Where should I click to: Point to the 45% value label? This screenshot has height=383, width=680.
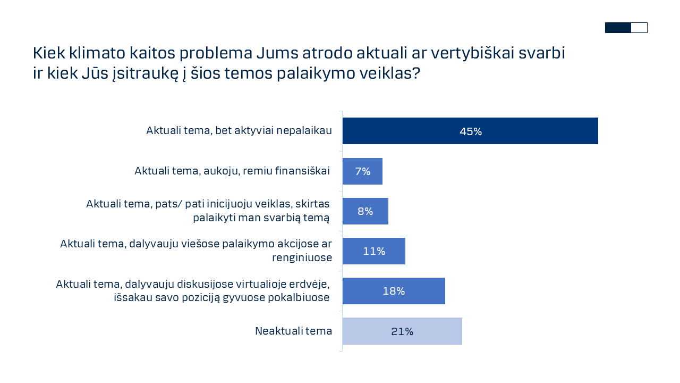point(471,131)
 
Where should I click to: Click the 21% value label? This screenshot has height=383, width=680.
point(402,331)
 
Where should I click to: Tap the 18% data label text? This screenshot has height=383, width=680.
point(394,292)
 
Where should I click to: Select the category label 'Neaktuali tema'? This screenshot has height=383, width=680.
point(293,331)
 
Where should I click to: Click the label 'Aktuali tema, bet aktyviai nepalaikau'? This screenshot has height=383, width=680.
point(239,130)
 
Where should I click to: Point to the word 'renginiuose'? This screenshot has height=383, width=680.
point(302,257)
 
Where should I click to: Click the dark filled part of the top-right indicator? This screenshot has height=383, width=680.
point(618,28)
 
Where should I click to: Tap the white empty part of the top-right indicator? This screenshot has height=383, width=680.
point(639,28)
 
